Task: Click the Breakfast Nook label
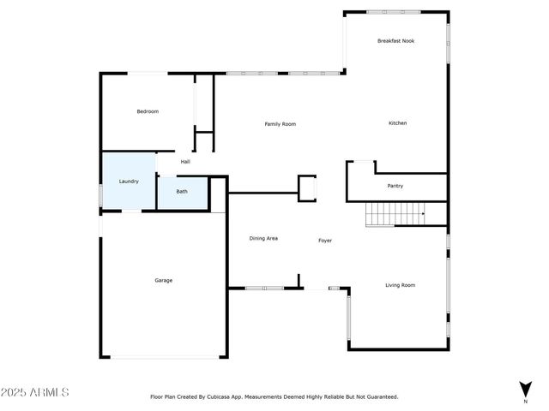[396, 40]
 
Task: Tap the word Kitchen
[397, 123]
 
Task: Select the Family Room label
[280, 124]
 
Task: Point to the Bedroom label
[148, 111]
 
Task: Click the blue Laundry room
[129, 181]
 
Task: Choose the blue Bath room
[182, 192]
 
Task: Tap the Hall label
[185, 161]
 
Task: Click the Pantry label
[395, 186]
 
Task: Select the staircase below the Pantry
[395, 213]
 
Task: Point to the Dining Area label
[263, 238]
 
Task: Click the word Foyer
[325, 241]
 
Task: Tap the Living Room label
[400, 285]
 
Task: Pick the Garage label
[163, 280]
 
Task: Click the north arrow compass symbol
[525, 388]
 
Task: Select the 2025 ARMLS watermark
[36, 392]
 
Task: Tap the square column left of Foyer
[307, 188]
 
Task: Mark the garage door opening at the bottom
[163, 357]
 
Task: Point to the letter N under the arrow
[525, 401]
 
